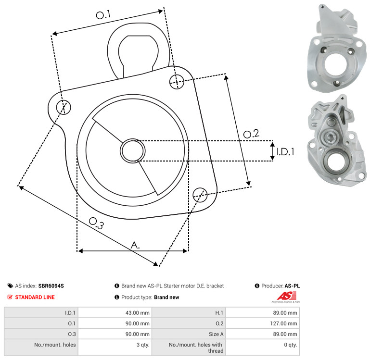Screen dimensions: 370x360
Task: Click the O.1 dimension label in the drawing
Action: pyautogui.click(x=103, y=15)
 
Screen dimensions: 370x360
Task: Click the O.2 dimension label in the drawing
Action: pyautogui.click(x=251, y=134)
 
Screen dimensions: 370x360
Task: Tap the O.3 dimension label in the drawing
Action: pyautogui.click(x=96, y=223)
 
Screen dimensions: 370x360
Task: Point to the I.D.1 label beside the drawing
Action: pyautogui.click(x=285, y=152)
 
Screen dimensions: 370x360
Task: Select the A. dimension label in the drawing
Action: pyautogui.click(x=135, y=245)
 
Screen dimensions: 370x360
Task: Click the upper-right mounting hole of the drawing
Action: pyautogui.click(x=177, y=82)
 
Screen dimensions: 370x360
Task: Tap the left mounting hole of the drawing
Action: pyautogui.click(x=64, y=107)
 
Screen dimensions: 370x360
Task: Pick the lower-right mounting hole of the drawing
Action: pyautogui.click(x=200, y=195)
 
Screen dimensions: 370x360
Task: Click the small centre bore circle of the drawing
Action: pyautogui.click(x=133, y=151)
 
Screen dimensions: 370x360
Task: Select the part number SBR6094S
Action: pyautogui.click(x=51, y=286)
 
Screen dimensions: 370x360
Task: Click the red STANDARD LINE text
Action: pyautogui.click(x=35, y=297)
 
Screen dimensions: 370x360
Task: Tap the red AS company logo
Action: pyautogui.click(x=286, y=297)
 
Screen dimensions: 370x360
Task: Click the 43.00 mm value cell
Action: pyautogui.click(x=115, y=312)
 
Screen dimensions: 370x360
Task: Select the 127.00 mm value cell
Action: pyautogui.click(x=263, y=323)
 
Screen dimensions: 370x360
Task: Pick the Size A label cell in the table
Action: pyautogui.click(x=189, y=334)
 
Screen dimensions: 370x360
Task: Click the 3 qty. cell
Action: pyautogui.click(x=115, y=348)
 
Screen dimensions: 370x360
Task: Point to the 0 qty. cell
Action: pyautogui.click(x=263, y=348)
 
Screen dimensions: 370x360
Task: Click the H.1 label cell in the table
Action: pyautogui.click(x=189, y=312)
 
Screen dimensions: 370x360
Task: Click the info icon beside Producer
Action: pyautogui.click(x=257, y=286)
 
